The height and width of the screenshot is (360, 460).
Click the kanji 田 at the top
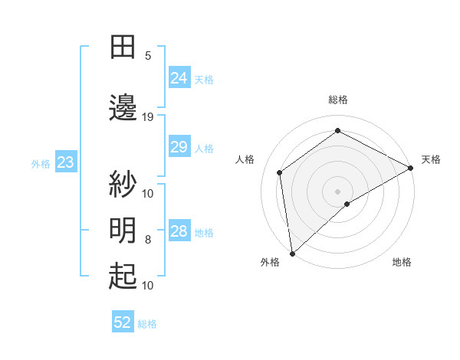coord(123,47)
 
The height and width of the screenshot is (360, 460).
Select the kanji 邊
coord(123,107)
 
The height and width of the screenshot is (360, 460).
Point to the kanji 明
coord(123,230)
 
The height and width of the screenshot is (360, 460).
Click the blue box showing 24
coord(179,78)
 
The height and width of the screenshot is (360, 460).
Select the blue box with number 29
coord(179,147)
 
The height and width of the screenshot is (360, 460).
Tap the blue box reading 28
coord(179,231)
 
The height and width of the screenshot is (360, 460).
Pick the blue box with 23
coord(65,162)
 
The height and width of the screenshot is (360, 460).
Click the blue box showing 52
coord(123,322)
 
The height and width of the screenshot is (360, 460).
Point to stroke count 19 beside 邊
coord(148,116)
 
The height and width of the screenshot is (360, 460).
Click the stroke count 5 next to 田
coord(148,55)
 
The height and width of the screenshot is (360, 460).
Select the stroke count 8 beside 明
coord(148,240)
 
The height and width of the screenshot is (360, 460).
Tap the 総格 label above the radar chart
coord(338,100)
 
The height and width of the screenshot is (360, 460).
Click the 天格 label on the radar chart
coord(431,159)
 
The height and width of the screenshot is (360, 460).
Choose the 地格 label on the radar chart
coord(402,262)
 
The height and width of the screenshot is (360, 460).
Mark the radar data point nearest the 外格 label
coord(292,253)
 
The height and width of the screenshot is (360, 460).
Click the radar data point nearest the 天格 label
coord(411,168)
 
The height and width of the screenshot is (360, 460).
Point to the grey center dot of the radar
coord(338,191)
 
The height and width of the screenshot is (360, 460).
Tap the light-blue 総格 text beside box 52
coord(148,324)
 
